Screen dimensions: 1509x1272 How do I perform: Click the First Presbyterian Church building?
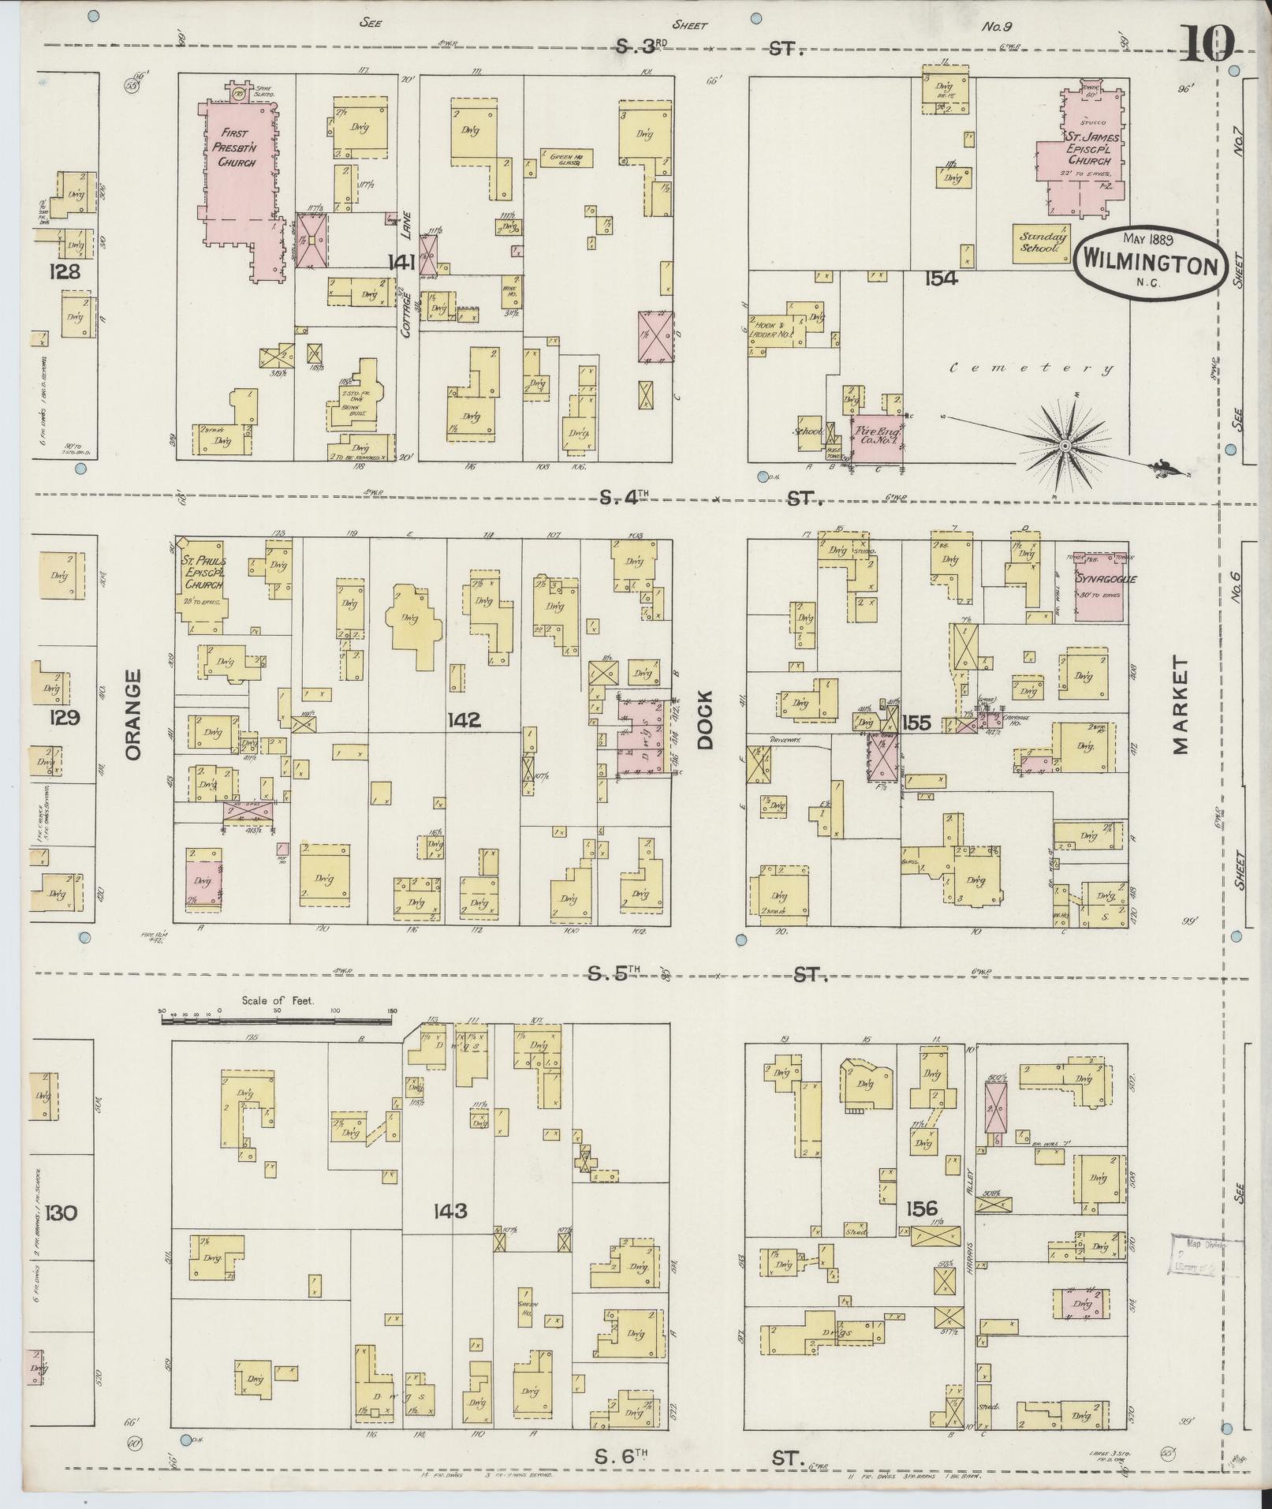tap(237, 166)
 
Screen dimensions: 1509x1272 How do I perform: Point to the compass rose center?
tap(1065, 446)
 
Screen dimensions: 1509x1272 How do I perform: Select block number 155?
tap(917, 722)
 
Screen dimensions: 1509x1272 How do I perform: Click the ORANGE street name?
tap(132, 715)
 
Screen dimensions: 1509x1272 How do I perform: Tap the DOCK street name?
tap(704, 718)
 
